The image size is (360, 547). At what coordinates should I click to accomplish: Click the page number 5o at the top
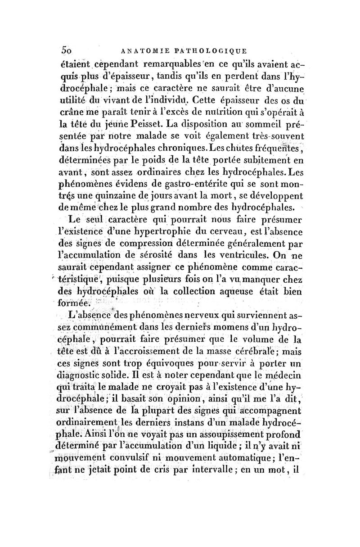point(67,50)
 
